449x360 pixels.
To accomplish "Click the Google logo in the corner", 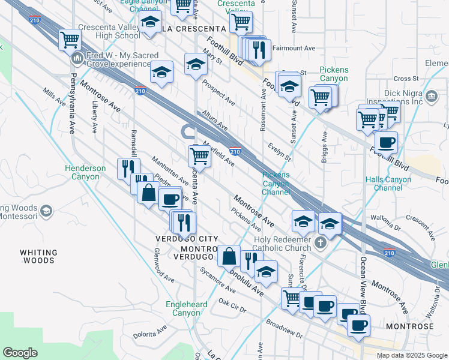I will (x=20, y=353).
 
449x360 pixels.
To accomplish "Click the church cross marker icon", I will (x=321, y=243).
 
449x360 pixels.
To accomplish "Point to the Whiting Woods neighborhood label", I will (x=38, y=257).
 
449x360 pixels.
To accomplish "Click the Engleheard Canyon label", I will (x=187, y=308).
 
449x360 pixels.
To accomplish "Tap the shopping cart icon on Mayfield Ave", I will (x=199, y=157).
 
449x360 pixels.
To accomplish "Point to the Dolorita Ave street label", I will (x=149, y=332).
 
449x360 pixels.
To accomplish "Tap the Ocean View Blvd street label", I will (x=363, y=282).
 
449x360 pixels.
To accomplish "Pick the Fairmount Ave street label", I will (x=294, y=47).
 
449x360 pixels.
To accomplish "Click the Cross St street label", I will (x=406, y=79).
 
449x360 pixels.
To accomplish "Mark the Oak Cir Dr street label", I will (x=233, y=305).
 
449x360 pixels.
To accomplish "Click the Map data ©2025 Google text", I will (x=411, y=355).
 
